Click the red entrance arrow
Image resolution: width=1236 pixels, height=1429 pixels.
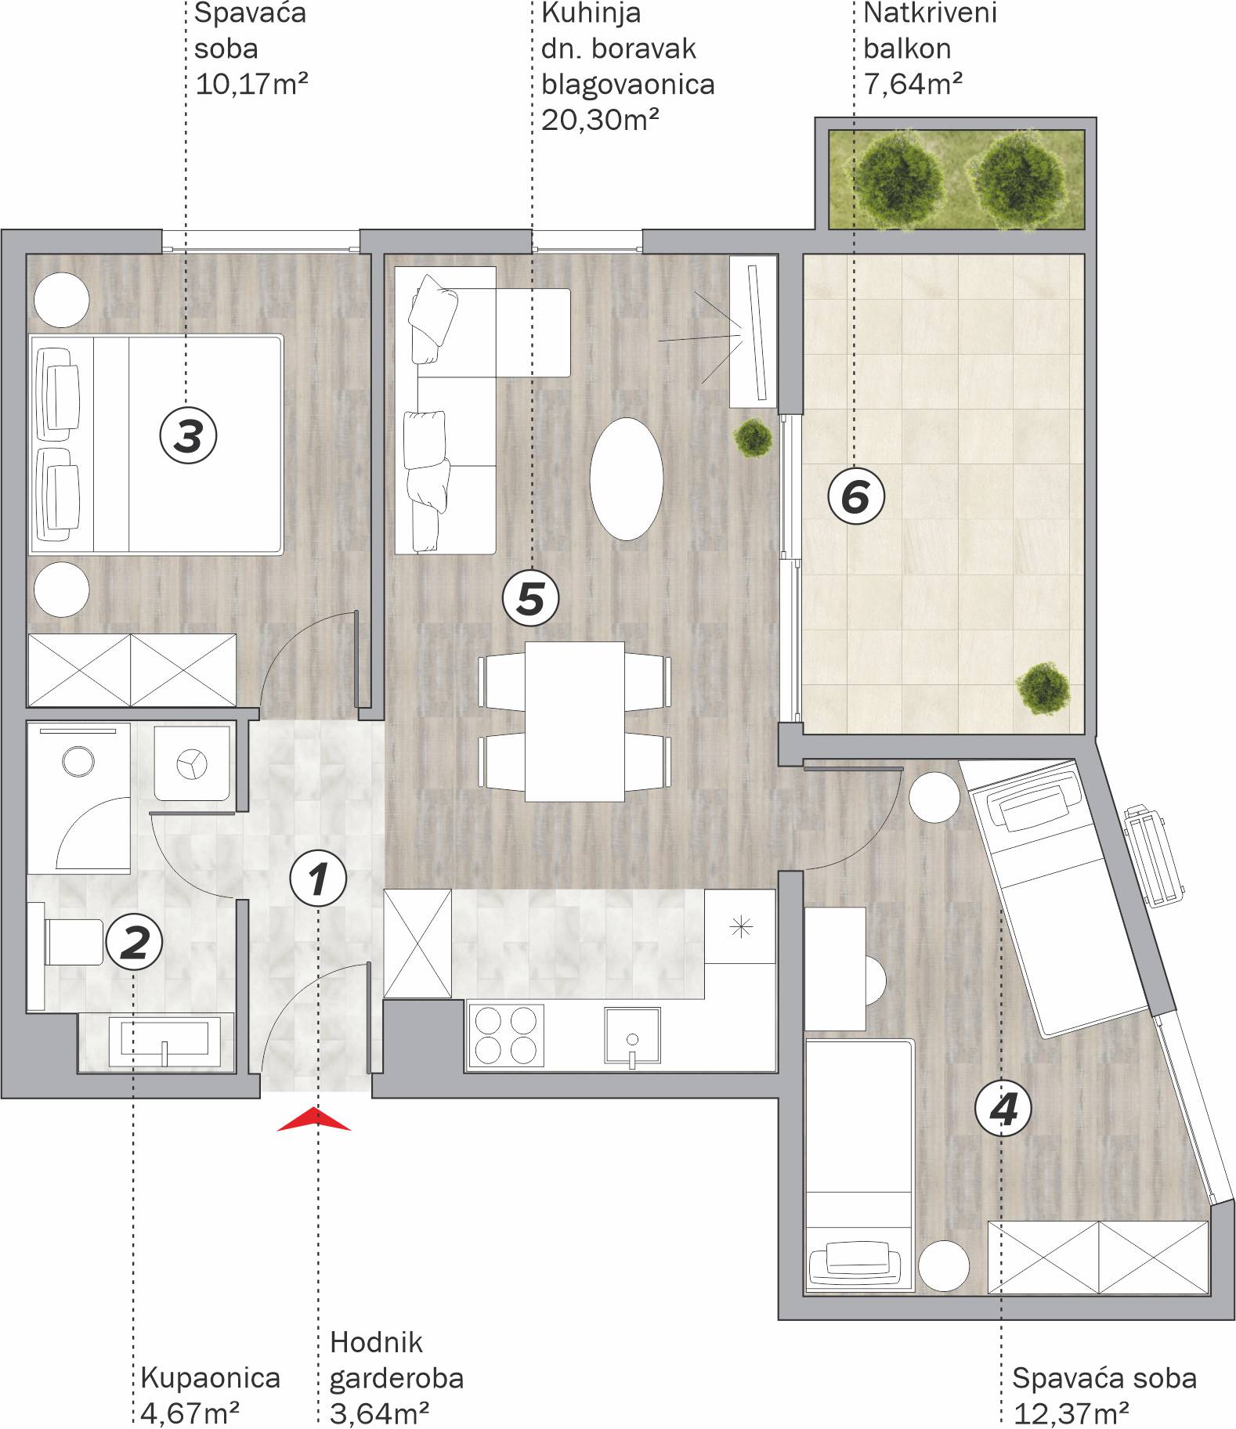(x=314, y=1119)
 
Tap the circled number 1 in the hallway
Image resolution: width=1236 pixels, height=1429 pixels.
(x=318, y=879)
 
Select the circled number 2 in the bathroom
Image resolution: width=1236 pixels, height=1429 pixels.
(x=134, y=942)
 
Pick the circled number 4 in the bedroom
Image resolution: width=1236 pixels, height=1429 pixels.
(x=1003, y=1109)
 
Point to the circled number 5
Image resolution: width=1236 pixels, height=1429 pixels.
(x=530, y=598)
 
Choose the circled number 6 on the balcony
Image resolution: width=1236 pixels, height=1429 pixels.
(x=856, y=496)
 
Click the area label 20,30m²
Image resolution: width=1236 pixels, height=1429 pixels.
(x=600, y=120)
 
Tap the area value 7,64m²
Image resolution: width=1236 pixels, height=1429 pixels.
(x=913, y=83)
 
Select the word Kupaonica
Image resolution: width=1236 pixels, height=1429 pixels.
(x=211, y=1377)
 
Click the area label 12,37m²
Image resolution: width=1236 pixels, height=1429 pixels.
(x=1071, y=1413)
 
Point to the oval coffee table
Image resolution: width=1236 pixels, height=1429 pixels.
(x=626, y=478)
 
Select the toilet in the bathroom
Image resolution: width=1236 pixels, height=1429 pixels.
(x=66, y=942)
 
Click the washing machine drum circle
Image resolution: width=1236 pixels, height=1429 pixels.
(x=78, y=760)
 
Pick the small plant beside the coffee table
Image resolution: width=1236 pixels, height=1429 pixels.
(x=753, y=438)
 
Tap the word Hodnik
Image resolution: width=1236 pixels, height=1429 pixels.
(x=376, y=1342)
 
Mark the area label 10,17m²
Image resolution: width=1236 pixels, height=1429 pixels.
(x=251, y=83)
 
